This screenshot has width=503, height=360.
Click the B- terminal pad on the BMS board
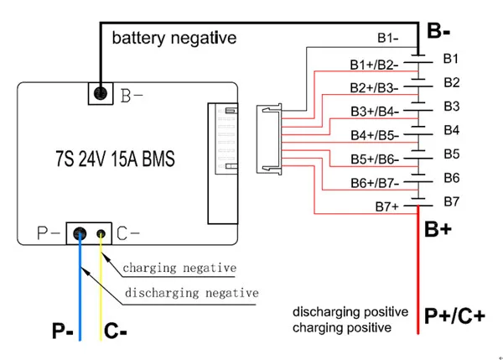(101, 93)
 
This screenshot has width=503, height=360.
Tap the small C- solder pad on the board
(101, 234)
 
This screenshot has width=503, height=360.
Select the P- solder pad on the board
(80, 234)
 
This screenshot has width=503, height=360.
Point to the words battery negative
(174, 38)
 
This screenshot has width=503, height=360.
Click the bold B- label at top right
(440, 31)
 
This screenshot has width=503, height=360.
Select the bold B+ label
(438, 229)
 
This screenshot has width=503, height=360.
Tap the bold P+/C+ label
(454, 316)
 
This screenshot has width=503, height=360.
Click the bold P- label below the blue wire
(62, 331)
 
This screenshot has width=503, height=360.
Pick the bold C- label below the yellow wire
(116, 331)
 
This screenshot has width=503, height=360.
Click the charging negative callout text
(179, 269)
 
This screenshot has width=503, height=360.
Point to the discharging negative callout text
(191, 293)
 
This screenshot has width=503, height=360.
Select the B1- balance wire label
(387, 38)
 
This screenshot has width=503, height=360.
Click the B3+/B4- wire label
(374, 110)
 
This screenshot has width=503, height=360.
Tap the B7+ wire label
(386, 206)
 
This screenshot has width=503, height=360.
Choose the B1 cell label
(451, 58)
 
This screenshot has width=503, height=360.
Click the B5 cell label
(451, 154)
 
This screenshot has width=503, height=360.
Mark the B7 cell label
(451, 201)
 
